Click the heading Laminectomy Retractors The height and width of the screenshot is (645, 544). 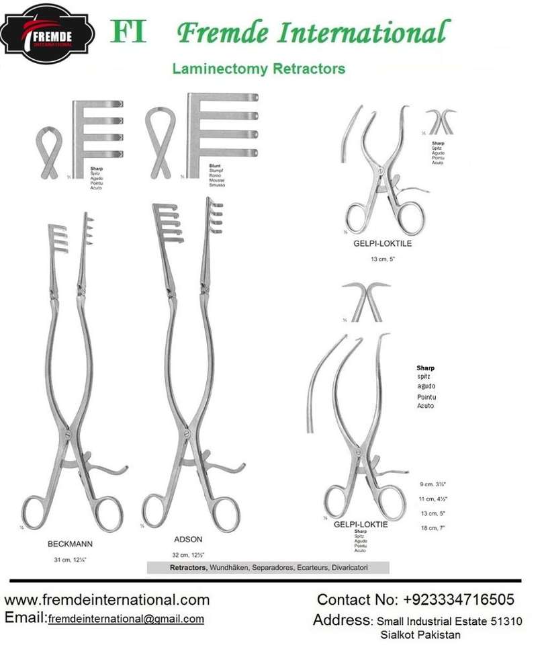[259, 69]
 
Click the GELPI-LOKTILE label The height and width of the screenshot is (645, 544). [382, 244]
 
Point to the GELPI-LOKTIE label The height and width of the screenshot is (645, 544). [361, 524]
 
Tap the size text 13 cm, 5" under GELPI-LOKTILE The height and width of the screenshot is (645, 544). [382, 259]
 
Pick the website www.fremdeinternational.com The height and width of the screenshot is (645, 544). [107, 599]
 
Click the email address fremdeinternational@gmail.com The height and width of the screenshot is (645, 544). [126, 619]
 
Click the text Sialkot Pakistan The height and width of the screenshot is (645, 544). [420, 634]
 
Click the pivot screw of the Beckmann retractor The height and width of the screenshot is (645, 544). [69, 437]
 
